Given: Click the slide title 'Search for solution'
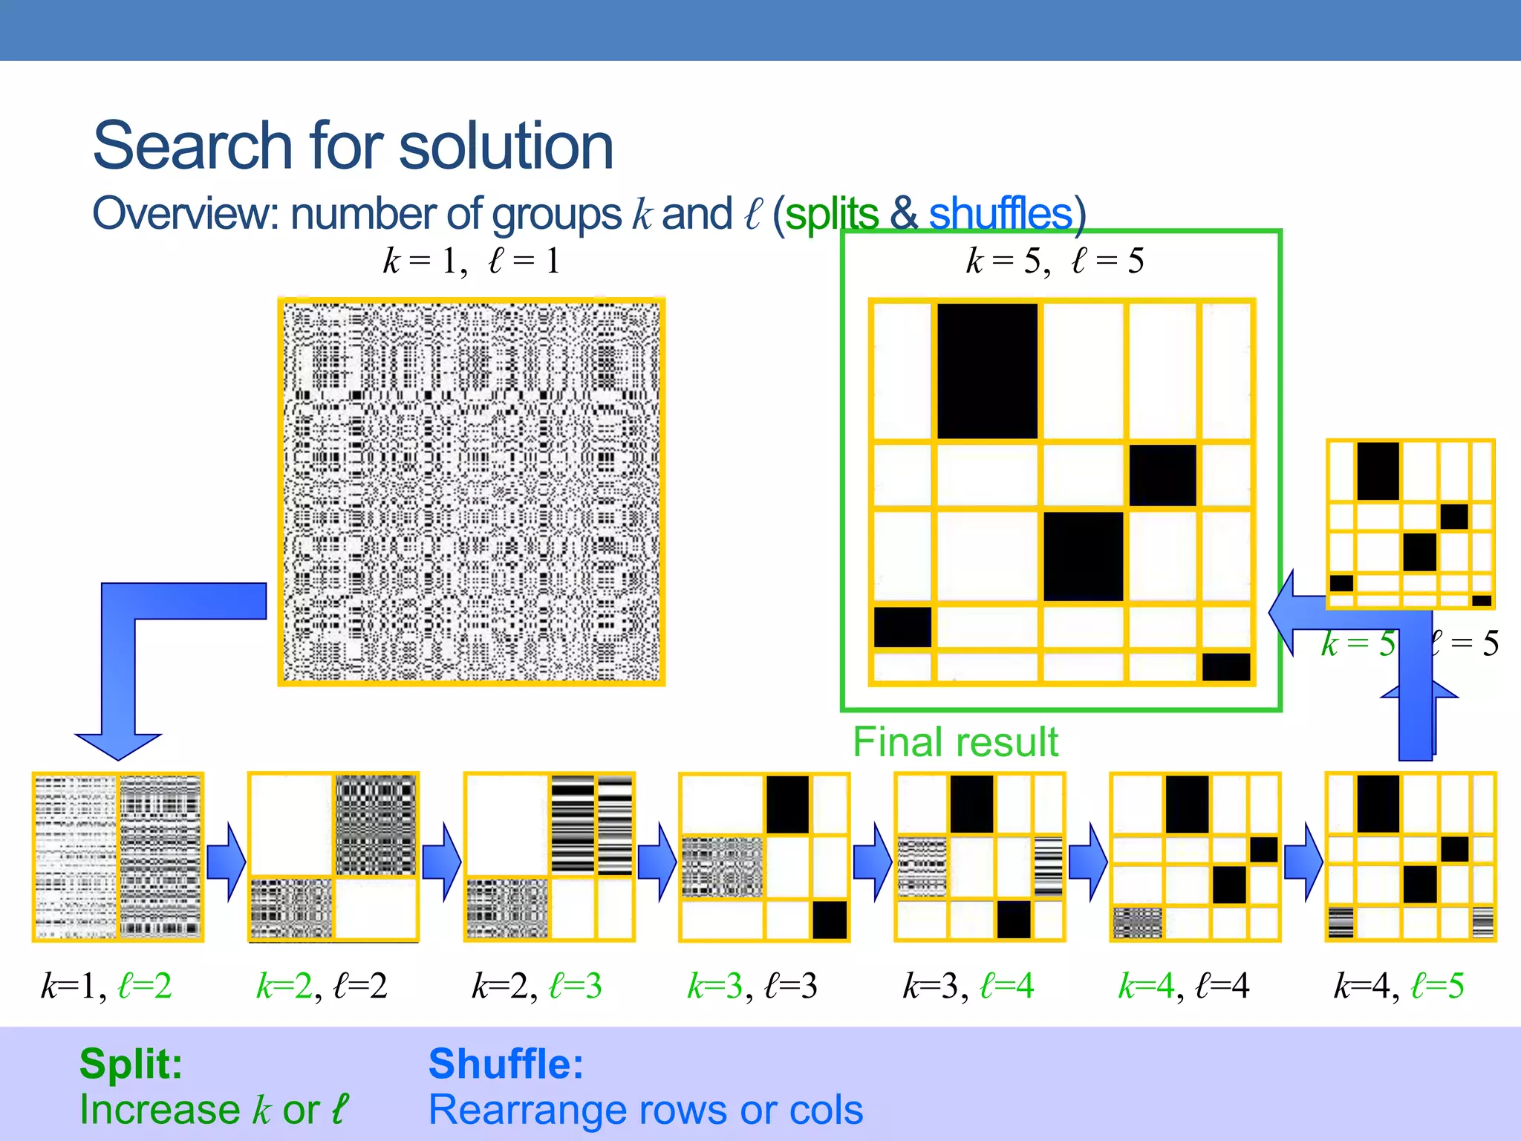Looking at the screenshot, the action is coord(353,146).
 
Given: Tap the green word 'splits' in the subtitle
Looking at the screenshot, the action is coord(831,215).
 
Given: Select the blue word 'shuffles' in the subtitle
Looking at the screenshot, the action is coord(1000,215).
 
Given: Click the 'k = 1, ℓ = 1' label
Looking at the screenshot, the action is coord(471,261).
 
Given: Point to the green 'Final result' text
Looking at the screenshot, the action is coord(955,742).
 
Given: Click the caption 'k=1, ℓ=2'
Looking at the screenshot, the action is coord(106,986).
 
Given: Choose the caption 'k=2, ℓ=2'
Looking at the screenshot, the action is coord(322,986).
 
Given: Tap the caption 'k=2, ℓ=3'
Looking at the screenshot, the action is coord(537,986).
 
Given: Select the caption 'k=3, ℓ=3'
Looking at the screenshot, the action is coord(752,986).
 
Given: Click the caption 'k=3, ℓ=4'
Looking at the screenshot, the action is coord(968,986).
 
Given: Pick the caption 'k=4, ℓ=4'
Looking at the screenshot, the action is coord(1183,986).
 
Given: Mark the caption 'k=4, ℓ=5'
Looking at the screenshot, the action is coord(1398,986).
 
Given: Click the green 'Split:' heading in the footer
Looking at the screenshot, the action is coord(131,1063).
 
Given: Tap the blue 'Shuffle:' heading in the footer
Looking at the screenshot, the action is coord(506,1063).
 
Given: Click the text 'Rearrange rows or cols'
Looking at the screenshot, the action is coord(645,1110).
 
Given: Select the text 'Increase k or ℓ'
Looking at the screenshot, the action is coord(214,1110).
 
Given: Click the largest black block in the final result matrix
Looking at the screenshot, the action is coord(987,371).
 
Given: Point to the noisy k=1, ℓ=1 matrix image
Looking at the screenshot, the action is coord(471,492).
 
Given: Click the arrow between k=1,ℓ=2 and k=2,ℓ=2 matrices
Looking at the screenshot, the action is coord(226,861).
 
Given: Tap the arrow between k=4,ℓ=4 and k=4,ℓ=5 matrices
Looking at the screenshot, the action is coord(1303,861).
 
